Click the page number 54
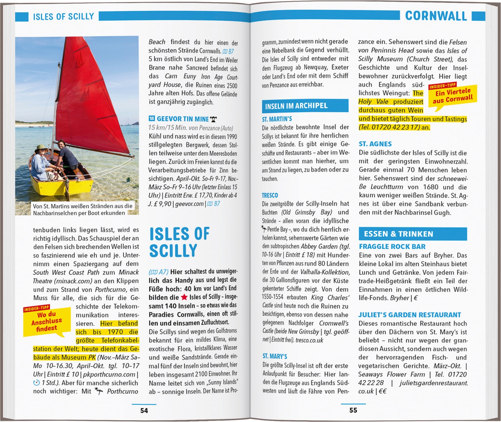tap(144, 410)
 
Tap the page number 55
tap(353, 410)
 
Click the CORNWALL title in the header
tap(436, 16)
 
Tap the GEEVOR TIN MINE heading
tap(183, 119)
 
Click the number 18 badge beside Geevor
tap(152, 118)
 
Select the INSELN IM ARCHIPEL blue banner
tap(305, 106)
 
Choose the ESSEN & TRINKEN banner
tap(412, 234)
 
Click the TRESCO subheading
tap(270, 195)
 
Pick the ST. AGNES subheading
tap(375, 144)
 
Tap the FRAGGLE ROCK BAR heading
tap(392, 247)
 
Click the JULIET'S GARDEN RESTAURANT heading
tap(409, 315)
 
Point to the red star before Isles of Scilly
tap(184, 297)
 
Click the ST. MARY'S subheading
tap(275, 356)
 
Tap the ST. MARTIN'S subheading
tap(277, 119)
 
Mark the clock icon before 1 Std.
tap(36, 383)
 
